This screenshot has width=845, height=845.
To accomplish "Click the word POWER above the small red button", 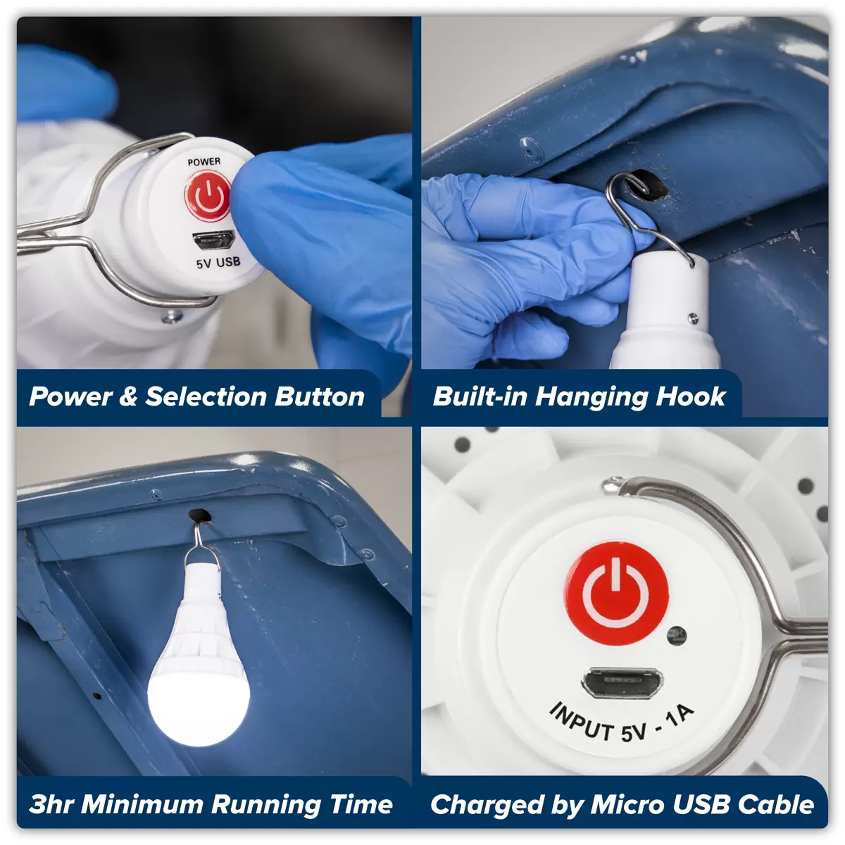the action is tap(204, 162).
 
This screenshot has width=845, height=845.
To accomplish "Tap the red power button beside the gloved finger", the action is tap(208, 196).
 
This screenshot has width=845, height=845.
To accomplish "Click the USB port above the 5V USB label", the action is tap(213, 240).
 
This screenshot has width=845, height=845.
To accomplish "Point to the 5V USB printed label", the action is tap(218, 263).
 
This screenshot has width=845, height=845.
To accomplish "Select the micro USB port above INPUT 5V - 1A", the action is tap(622, 683).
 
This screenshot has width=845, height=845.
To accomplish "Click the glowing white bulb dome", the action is tap(199, 701).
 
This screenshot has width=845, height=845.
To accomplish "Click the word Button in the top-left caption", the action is tap(320, 397).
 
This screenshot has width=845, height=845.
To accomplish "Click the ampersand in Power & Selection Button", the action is tap(128, 397).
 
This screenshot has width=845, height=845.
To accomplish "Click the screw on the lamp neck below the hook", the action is tap(693, 318).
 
